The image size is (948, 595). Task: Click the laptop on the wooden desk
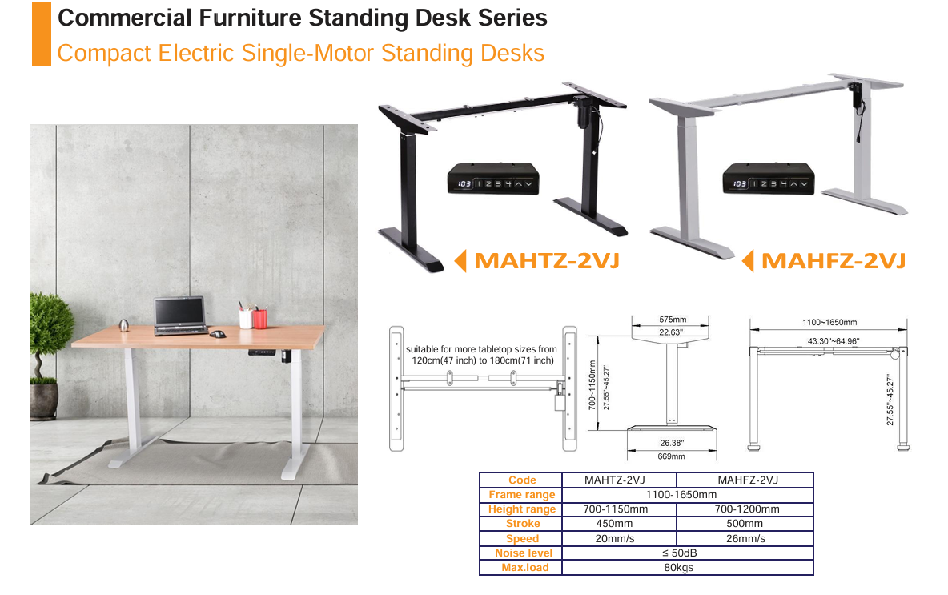coord(180,316)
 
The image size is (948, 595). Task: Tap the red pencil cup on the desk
coord(260,318)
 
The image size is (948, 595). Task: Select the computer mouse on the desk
coord(218,334)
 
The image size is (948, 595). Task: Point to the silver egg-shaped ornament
coord(124,325)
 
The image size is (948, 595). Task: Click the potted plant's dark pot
coord(44,401)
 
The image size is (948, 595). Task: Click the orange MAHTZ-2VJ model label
coord(547,260)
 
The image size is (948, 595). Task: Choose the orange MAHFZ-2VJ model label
coord(834,260)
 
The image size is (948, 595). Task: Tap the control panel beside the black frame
coord(493,179)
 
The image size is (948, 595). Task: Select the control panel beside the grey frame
coord(769,179)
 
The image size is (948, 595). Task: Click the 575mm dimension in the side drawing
coord(673,320)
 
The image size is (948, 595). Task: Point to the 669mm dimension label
coord(671,456)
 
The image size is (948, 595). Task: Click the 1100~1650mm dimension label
coord(829,322)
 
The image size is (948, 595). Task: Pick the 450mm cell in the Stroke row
coord(614,524)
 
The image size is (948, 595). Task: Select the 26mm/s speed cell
coord(745,538)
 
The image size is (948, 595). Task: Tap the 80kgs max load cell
coord(678,568)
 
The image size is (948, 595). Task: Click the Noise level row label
coord(524,553)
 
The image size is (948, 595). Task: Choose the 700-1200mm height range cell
coord(747,509)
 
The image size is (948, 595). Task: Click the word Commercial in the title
coord(125,18)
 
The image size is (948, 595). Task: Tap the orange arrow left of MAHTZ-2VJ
coord(460,260)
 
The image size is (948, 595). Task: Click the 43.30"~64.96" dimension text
coord(834,341)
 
